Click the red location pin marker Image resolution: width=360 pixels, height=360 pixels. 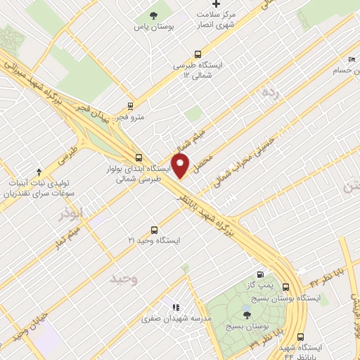point(181,166)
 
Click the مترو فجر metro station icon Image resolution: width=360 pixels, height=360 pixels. point(131,106)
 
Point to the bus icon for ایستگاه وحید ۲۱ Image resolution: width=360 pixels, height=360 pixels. point(155,230)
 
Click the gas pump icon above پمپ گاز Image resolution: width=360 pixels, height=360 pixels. point(262,274)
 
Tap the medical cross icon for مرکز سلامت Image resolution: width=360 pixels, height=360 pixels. point(217,5)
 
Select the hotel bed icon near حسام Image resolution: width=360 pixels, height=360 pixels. point(352,60)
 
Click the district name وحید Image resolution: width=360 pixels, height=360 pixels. point(122,279)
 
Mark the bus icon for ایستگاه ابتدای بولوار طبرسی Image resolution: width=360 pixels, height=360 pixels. point(138,157)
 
